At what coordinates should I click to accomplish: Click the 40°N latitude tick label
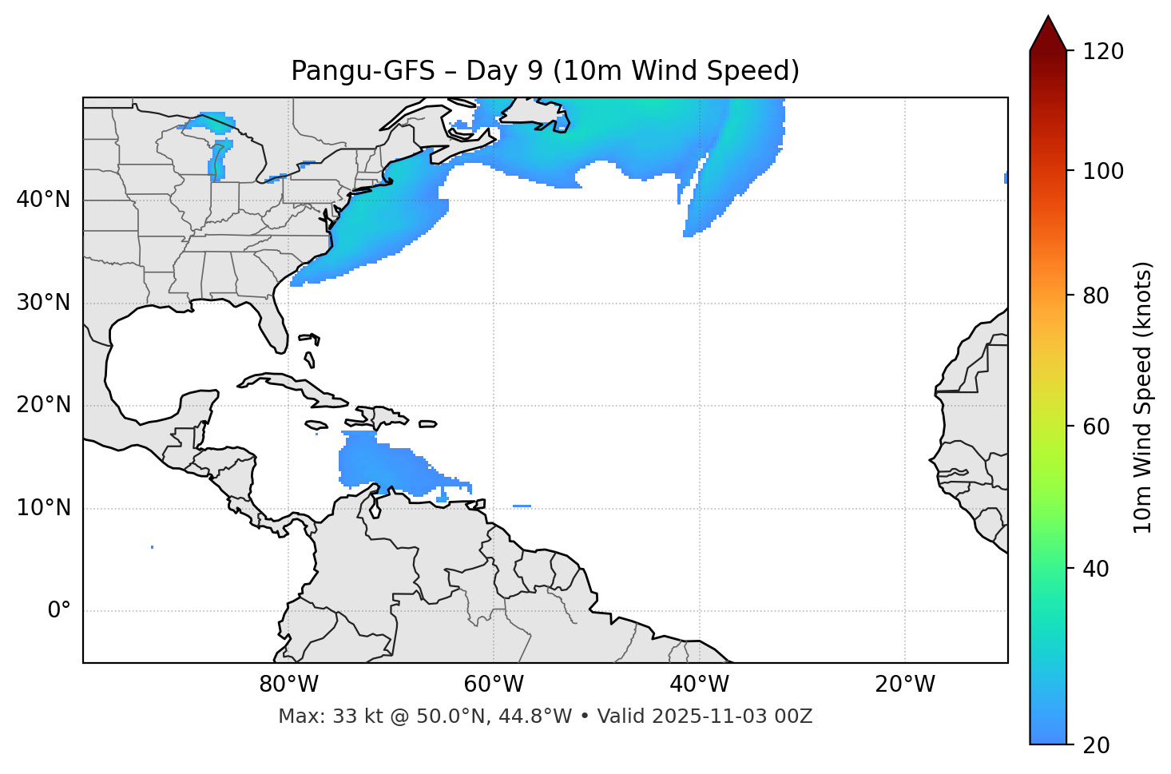click(43, 200)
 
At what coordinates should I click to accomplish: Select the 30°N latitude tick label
click(43, 303)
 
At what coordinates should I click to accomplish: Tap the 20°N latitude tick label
click(43, 405)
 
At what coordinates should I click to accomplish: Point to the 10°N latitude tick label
click(43, 508)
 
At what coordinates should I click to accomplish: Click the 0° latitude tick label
click(59, 611)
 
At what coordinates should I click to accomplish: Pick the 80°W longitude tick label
click(288, 685)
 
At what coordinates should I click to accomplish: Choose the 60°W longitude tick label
click(494, 685)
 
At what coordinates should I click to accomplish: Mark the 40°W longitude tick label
click(699, 685)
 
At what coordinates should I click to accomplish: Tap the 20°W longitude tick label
click(904, 685)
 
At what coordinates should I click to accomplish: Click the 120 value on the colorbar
click(1103, 52)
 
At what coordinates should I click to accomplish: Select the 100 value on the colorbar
click(1103, 171)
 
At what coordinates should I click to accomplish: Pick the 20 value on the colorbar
click(1097, 745)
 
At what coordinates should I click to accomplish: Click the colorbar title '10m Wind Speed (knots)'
click(1143, 397)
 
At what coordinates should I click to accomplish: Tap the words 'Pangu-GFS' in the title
click(359, 71)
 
